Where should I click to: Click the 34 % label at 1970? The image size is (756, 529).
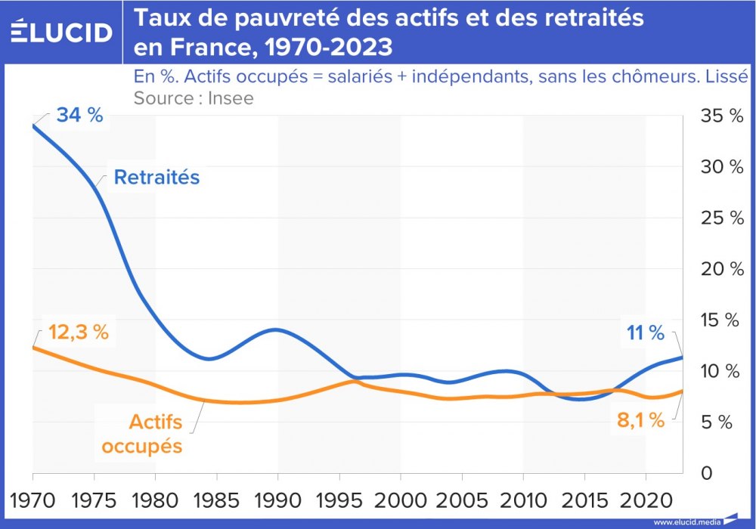pyautogui.click(x=79, y=117)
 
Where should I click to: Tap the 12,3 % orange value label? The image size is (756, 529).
pyautogui.click(x=79, y=333)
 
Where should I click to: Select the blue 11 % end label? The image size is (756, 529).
pyautogui.click(x=645, y=333)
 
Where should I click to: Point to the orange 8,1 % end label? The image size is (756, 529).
pyautogui.click(x=641, y=420)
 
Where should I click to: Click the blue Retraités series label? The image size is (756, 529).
pyautogui.click(x=156, y=178)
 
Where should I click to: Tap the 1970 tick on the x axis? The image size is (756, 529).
pyautogui.click(x=33, y=500)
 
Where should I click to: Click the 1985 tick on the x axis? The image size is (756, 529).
pyautogui.click(x=216, y=500)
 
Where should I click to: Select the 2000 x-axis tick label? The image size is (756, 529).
pyautogui.click(x=400, y=500)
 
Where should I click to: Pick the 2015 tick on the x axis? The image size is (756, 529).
pyautogui.click(x=584, y=500)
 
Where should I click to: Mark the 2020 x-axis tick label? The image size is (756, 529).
pyautogui.click(x=645, y=500)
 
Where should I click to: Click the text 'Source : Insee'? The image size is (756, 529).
pyautogui.click(x=194, y=97)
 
